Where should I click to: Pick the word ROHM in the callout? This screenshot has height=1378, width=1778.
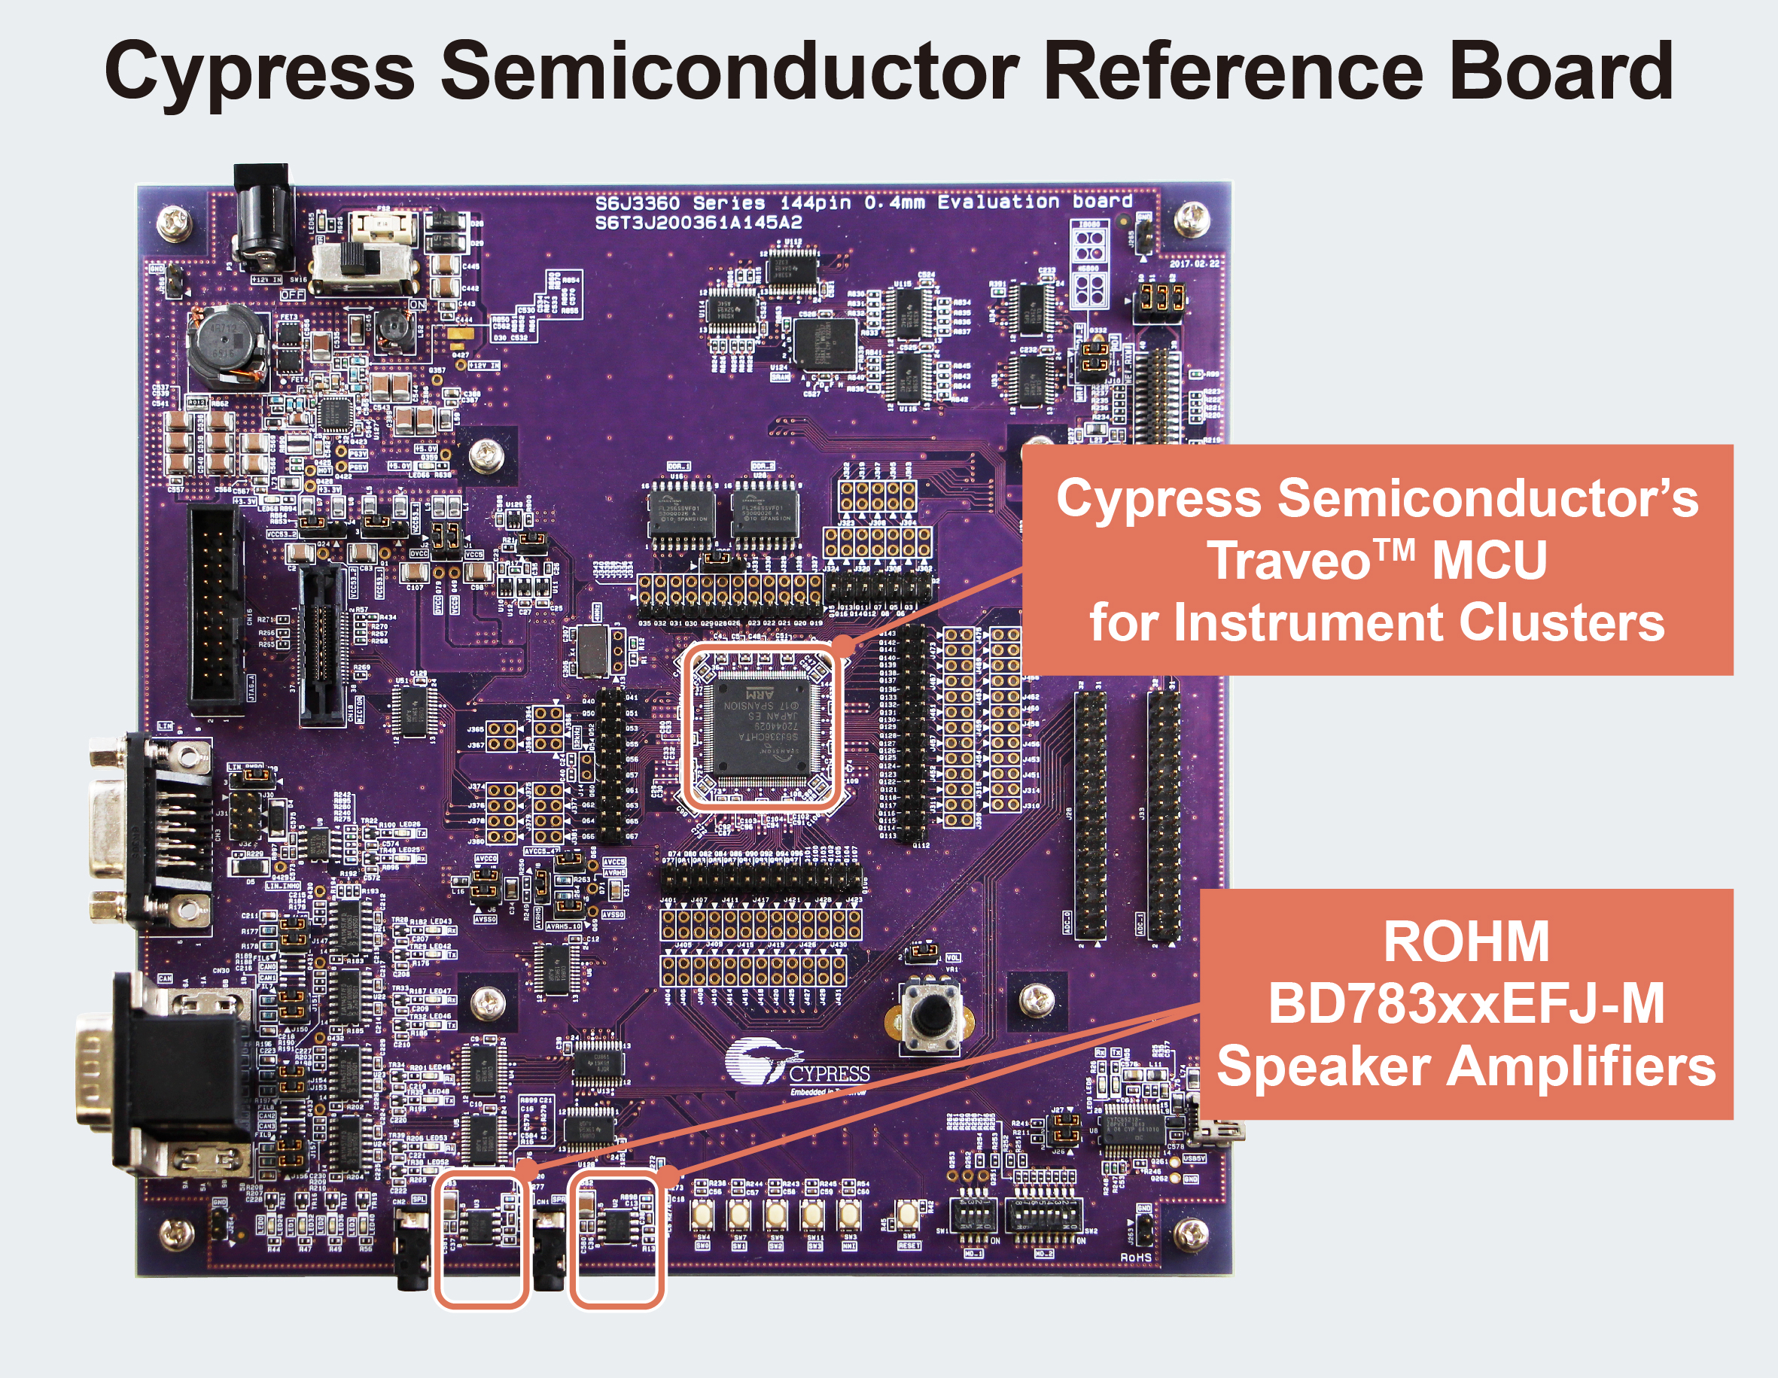(x=1466, y=941)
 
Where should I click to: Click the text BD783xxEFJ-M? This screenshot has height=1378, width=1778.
(x=1466, y=1004)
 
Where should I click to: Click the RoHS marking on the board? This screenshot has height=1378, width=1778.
(x=1136, y=1258)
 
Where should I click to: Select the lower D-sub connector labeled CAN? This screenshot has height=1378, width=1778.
(x=163, y=1075)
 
